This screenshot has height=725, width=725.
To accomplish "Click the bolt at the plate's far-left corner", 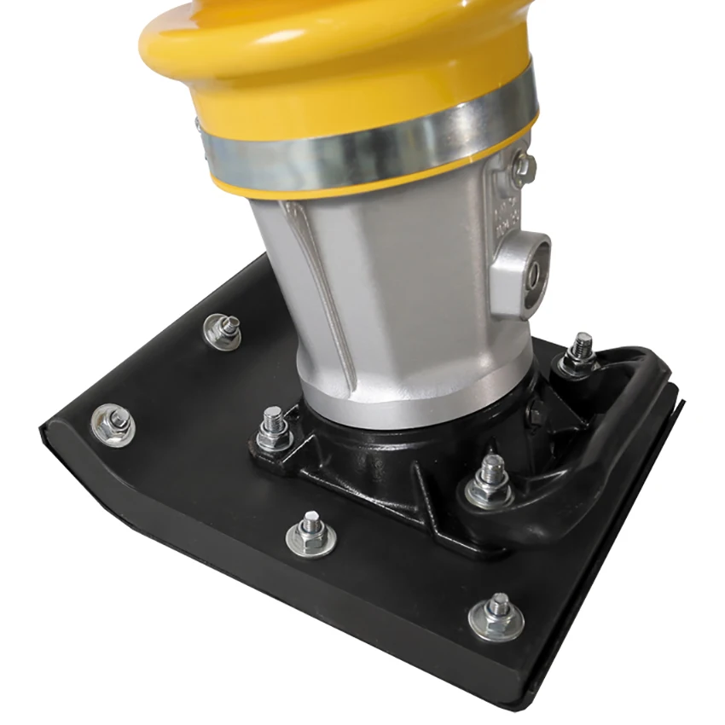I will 112,424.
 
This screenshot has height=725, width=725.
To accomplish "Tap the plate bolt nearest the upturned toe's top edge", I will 223,330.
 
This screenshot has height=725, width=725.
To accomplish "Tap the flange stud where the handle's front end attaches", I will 490,483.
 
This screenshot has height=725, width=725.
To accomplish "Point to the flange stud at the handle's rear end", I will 580,353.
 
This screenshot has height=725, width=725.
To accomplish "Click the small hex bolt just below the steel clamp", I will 523,167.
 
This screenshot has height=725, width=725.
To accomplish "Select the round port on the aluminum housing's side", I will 532,275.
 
